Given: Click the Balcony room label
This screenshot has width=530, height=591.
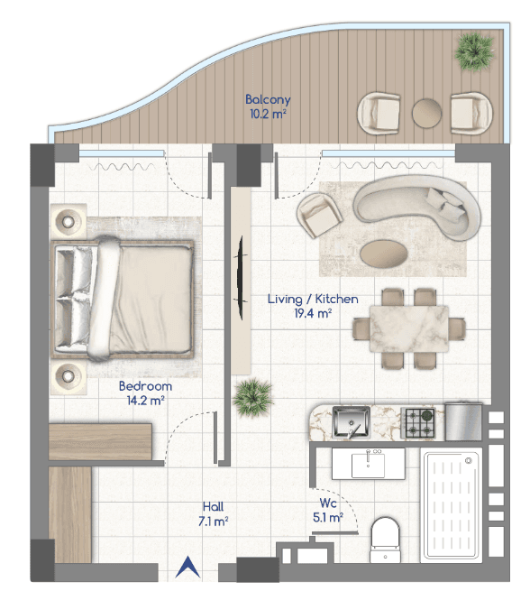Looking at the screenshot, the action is click(268, 99).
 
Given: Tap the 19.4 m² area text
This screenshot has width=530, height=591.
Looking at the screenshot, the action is click(313, 313).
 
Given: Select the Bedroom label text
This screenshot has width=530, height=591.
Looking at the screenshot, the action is click(145, 386).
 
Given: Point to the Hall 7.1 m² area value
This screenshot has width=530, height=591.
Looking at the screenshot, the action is click(213, 522).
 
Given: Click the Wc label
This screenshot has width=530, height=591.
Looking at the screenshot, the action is click(328, 503).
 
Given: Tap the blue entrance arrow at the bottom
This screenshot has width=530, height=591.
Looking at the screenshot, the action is click(187, 568).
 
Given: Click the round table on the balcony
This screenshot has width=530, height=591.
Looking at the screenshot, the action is click(426, 113).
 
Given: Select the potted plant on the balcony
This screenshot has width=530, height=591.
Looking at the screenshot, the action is click(474, 51).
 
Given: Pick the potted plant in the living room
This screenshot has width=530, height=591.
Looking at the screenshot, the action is click(252, 398).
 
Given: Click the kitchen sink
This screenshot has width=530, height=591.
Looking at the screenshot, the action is click(352, 422).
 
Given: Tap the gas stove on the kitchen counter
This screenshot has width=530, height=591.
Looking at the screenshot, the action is click(418, 422).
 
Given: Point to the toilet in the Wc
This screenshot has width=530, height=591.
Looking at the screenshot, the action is click(385, 540).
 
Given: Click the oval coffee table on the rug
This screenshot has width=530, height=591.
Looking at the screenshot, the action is click(384, 253).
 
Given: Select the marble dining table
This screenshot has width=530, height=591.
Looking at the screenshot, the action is click(409, 328).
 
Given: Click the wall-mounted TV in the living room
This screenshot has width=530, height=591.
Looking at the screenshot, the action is click(240, 278).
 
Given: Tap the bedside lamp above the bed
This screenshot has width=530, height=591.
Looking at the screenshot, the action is click(69, 222).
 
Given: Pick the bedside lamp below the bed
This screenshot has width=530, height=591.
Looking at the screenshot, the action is click(69, 375).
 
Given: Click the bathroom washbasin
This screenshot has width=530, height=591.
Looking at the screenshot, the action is click(368, 464).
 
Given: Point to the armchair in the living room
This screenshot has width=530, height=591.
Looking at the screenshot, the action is click(319, 216).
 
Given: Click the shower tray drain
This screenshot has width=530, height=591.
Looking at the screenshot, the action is click(469, 460).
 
